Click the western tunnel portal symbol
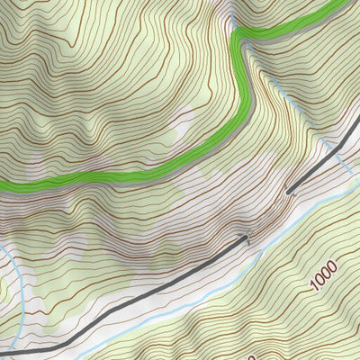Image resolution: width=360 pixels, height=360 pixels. point(245,238)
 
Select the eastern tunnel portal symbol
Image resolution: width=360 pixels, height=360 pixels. point(289,191)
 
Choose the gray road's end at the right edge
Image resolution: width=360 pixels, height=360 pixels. point(357,121)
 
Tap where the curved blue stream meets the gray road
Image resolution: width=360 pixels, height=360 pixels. point(16,346)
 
